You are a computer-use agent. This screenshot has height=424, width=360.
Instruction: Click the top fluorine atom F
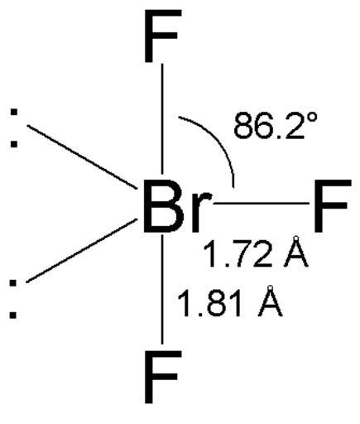162,36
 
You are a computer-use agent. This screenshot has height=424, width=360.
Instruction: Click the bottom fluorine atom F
162,377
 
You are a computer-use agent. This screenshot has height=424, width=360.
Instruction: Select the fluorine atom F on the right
332,205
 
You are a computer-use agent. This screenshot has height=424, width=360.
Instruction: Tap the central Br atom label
176,205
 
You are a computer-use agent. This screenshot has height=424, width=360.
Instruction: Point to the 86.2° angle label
276,126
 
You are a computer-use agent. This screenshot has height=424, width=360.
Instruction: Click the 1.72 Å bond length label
255,252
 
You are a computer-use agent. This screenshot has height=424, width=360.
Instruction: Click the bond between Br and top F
162,118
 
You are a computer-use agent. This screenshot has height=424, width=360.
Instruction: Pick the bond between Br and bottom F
162,289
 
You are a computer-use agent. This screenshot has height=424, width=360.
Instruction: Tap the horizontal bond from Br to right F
261,204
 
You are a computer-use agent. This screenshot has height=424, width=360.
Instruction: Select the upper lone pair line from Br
82,157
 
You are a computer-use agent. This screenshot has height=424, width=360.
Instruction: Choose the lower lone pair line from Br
82,250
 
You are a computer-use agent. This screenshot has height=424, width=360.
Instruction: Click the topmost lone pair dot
14,112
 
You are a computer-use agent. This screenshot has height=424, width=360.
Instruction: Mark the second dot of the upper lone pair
14,144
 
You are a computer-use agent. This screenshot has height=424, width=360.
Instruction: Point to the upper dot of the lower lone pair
13,283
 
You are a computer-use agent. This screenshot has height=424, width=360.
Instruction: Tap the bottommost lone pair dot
13,315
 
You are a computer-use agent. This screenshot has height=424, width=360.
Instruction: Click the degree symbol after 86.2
312,118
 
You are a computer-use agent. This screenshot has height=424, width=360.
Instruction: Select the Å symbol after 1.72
296,252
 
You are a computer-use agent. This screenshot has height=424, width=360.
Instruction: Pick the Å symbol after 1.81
271,301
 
